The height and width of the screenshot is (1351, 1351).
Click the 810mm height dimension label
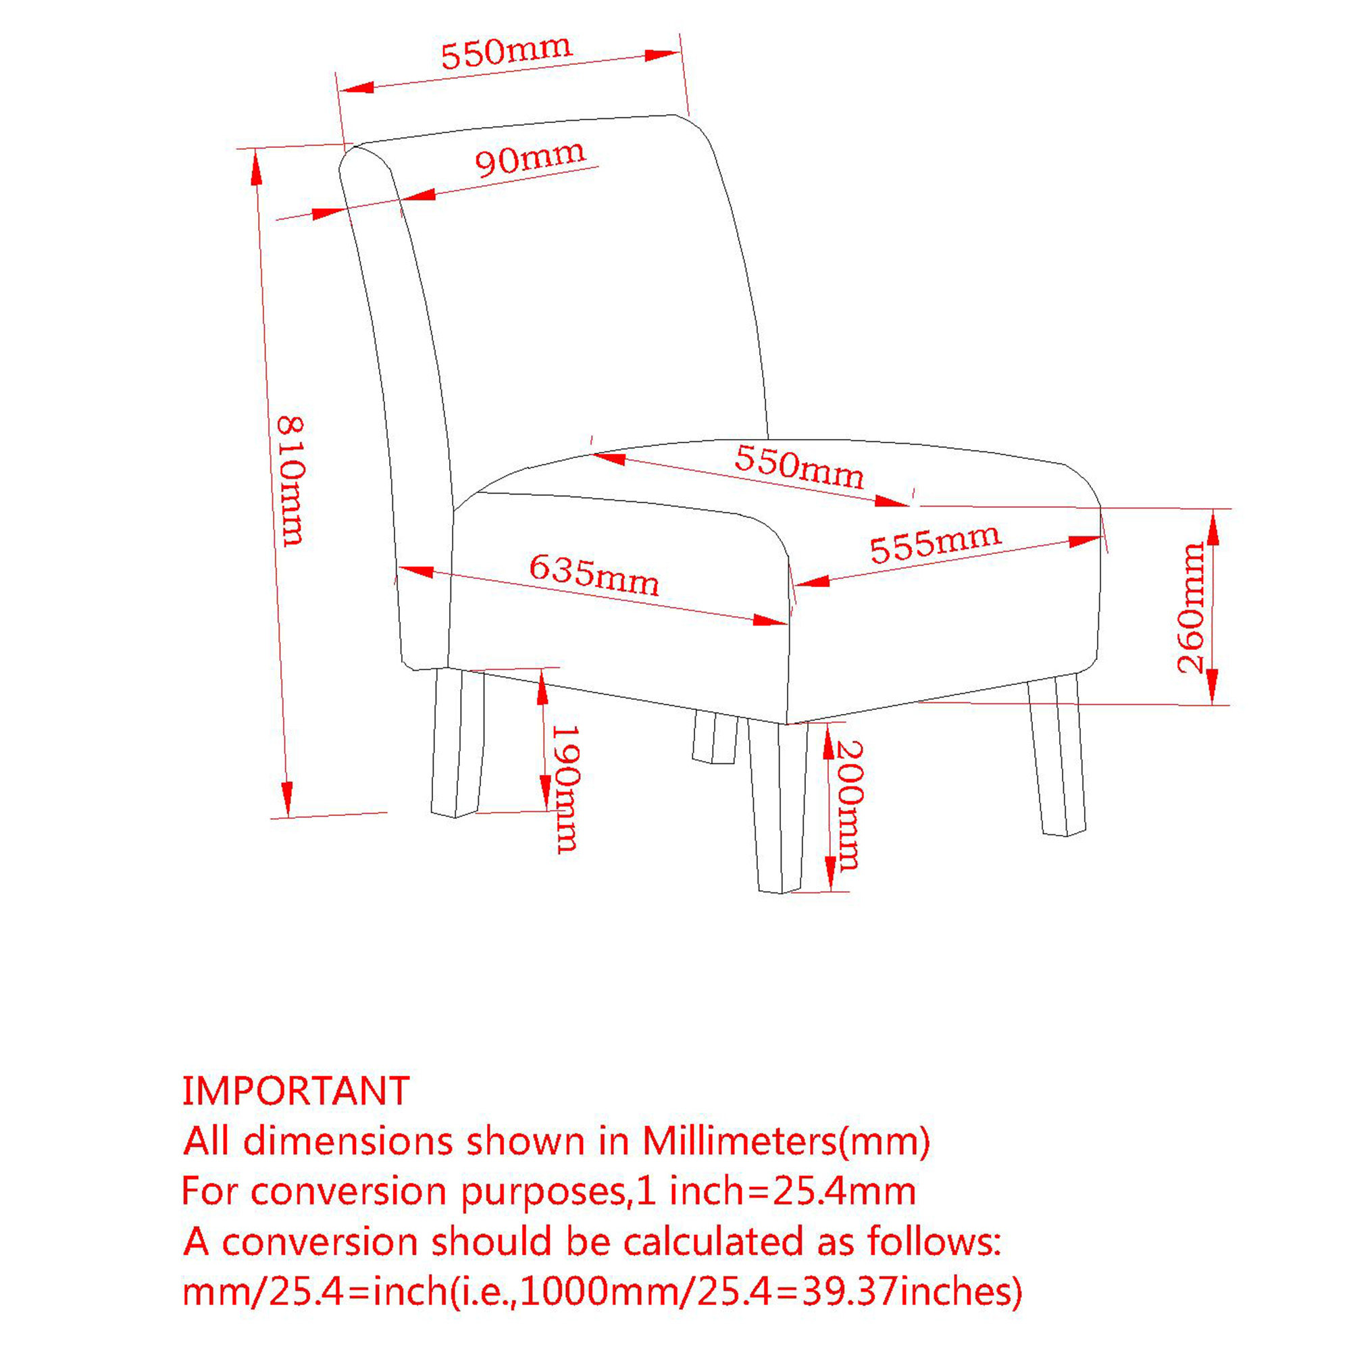pyautogui.click(x=291, y=480)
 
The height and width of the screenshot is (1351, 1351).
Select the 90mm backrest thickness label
pyautogui.click(x=530, y=158)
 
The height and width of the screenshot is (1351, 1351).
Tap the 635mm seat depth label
pyautogui.click(x=594, y=575)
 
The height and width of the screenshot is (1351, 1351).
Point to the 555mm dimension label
pyautogui.click(x=935, y=543)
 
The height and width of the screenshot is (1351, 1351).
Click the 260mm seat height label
pyautogui.click(x=1191, y=608)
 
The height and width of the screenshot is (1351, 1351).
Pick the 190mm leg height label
pyautogui.click(x=565, y=789)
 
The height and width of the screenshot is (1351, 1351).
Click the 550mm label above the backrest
pyautogui.click(x=506, y=52)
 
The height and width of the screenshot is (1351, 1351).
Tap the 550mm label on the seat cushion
pyautogui.click(x=799, y=466)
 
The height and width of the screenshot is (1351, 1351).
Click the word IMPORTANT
pyautogui.click(x=296, y=1090)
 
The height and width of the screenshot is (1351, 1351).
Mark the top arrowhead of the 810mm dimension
pyautogui.click(x=257, y=168)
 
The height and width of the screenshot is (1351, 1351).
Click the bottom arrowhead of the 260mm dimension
pyautogui.click(x=1213, y=687)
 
